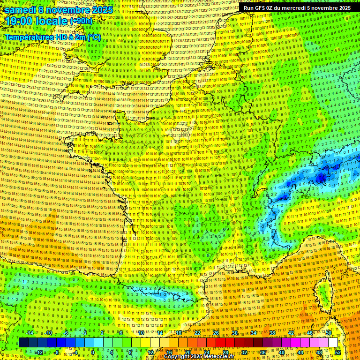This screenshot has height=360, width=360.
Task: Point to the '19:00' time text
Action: coord(19,22)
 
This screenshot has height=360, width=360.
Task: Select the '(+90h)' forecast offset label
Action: coord(82,22)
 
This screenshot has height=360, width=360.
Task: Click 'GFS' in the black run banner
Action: coord(263,8)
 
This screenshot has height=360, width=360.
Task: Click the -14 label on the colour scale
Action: coord(30,333)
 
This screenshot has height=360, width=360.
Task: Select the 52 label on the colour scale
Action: coord(337,352)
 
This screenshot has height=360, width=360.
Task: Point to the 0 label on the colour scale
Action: coord(93,352)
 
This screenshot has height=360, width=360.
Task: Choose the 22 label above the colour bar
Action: coord(197,333)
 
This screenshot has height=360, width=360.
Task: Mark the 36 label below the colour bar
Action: coord(262,352)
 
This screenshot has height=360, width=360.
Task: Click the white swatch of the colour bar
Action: coord(333,343)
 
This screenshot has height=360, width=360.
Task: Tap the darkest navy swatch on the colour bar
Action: coord(23,343)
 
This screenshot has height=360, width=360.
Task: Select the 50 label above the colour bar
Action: coord(329,333)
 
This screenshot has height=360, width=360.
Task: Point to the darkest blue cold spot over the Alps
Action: coord(321,178)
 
